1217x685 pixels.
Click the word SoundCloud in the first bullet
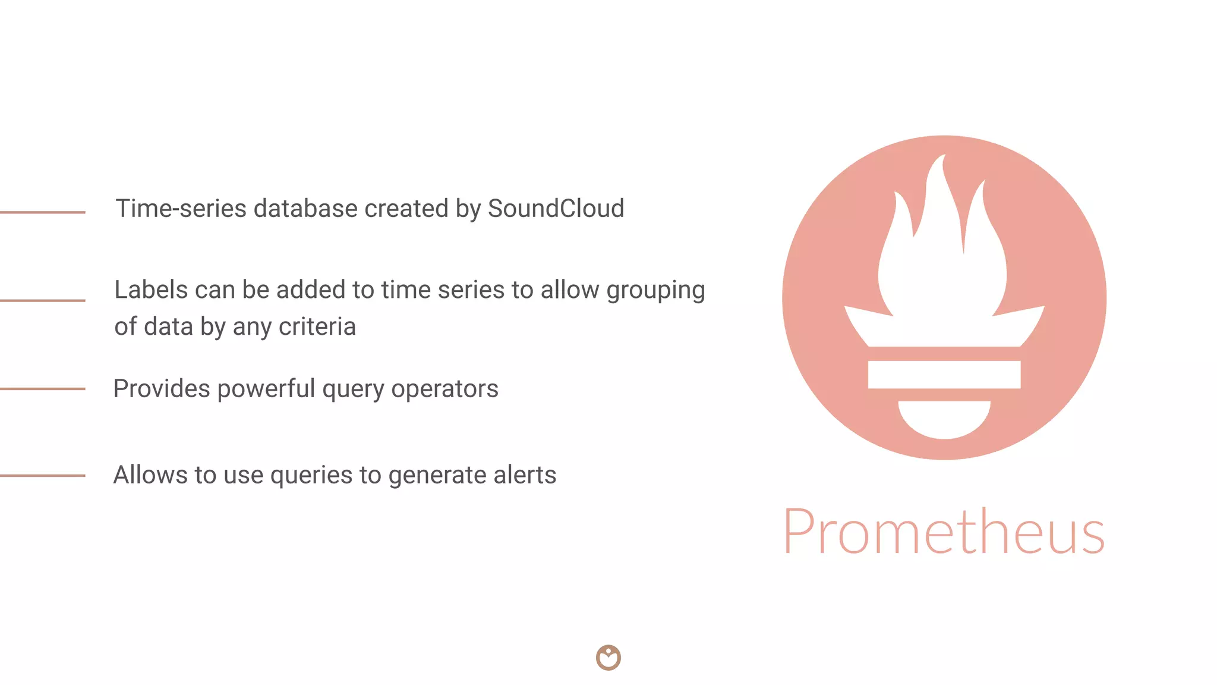[556, 209]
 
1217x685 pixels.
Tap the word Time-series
[181, 209]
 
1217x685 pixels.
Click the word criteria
[317, 326]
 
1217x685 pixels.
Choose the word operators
[444, 389]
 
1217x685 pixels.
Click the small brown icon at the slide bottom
[608, 658]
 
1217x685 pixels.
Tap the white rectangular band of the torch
[944, 375]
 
